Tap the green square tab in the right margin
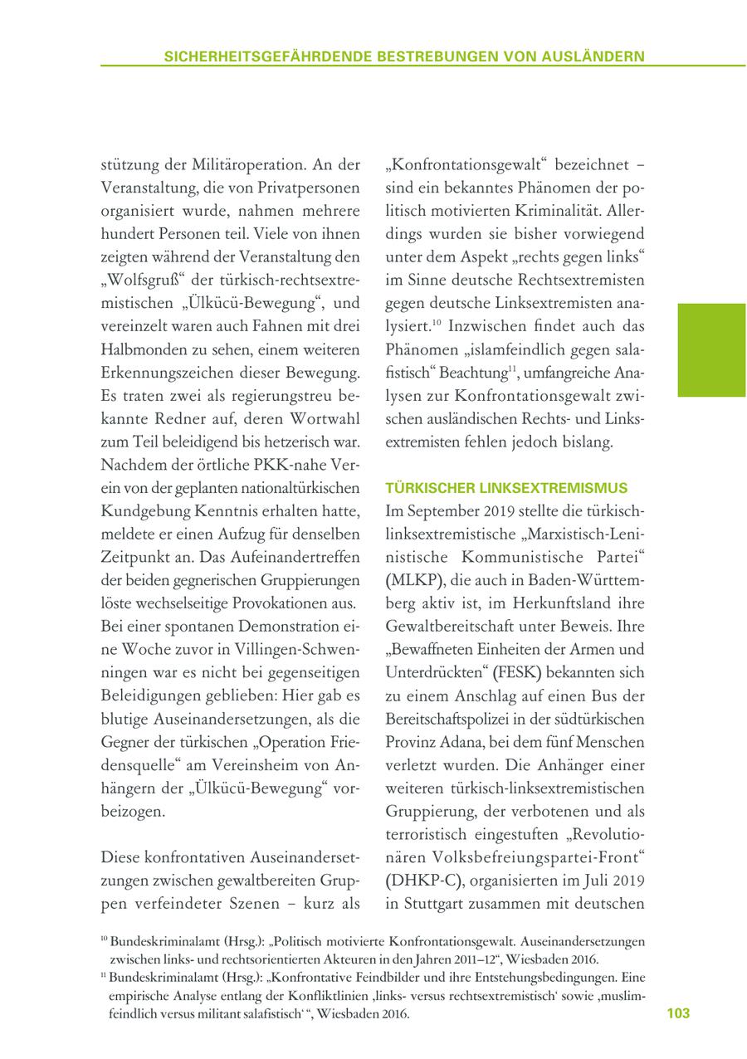pyautogui.click(x=711, y=349)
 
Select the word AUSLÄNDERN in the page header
pyautogui.click(x=593, y=56)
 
